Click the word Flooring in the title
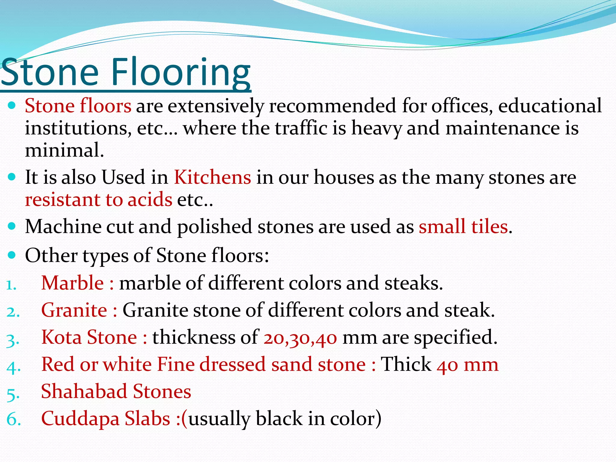(180, 72)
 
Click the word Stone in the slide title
(50, 72)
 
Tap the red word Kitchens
(212, 177)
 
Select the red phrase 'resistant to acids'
(99, 199)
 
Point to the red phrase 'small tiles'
(463, 226)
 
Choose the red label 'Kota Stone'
(89, 337)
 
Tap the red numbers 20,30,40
(300, 337)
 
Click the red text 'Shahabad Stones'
(116, 391)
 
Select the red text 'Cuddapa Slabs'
(106, 418)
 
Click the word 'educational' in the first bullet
(550, 106)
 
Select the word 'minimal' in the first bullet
(64, 150)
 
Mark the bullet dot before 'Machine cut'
(12, 226)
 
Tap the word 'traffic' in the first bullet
(301, 128)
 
